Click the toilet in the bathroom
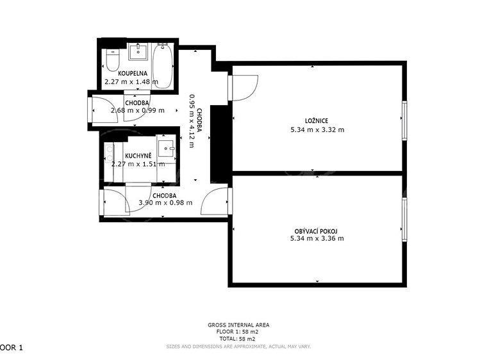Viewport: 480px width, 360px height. click(112, 60)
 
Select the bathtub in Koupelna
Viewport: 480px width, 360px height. click(162, 66)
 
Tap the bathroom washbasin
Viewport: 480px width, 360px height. click(138, 51)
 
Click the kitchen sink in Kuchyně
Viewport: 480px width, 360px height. click(166, 149)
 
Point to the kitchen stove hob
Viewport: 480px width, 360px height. click(109, 154)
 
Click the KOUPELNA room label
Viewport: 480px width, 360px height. click(133, 74)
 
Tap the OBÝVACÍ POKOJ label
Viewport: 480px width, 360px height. click(316, 231)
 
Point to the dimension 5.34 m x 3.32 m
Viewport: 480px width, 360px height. click(317, 129)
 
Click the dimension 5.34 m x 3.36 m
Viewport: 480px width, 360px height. click(317, 238)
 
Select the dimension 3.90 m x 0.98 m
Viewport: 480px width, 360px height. click(165, 202)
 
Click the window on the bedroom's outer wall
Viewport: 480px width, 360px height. click(404, 120)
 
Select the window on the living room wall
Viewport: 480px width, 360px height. click(404, 219)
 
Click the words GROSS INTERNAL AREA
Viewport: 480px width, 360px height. click(238, 325)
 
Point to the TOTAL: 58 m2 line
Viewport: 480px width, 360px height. click(237, 339)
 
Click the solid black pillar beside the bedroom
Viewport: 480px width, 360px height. click(219, 143)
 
